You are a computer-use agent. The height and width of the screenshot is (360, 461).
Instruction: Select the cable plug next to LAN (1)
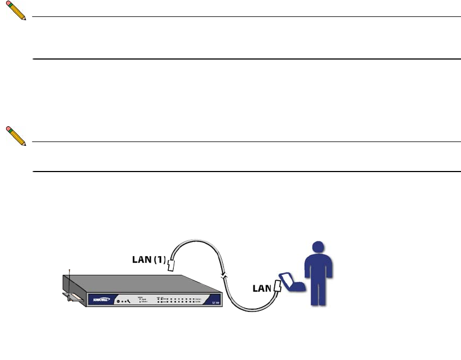coord(171,265)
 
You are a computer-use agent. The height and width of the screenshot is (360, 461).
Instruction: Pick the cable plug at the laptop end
coord(278,285)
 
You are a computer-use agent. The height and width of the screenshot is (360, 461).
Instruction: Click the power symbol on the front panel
coord(117,301)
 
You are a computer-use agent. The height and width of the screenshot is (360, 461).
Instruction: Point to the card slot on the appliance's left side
coord(75,298)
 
